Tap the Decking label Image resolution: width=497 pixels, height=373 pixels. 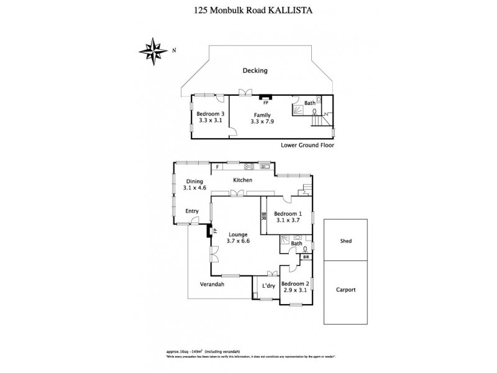tap(255, 70)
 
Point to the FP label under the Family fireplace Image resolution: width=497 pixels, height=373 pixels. tap(266, 103)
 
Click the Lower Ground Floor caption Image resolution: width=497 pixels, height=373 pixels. tap(307, 145)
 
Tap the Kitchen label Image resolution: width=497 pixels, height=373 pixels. tap(242, 180)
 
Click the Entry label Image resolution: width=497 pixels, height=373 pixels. tap(192, 211)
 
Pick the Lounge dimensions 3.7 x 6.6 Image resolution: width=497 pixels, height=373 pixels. tap(237, 241)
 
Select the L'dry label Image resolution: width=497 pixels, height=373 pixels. tap(268, 285)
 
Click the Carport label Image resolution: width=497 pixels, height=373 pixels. tap(346, 290)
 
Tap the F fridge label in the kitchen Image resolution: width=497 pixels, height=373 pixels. tap(217, 167)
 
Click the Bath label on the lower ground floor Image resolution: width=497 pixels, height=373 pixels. tap(309, 103)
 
